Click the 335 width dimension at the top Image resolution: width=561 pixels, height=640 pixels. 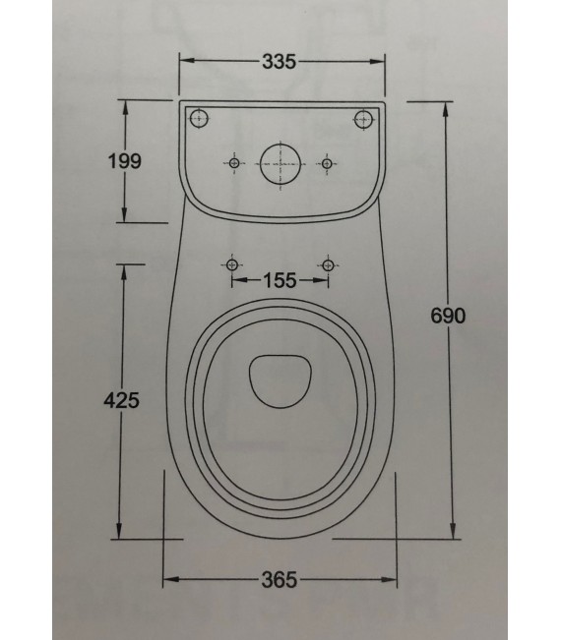pos(280,62)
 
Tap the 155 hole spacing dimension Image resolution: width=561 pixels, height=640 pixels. pos(280,281)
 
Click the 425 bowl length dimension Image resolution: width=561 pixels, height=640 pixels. pos(120,400)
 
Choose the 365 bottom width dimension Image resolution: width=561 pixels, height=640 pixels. pos(280,580)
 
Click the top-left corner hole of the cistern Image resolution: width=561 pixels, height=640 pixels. pos(200,119)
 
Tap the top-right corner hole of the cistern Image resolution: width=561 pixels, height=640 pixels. pos(362,119)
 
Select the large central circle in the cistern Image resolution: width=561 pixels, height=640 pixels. pos(280,163)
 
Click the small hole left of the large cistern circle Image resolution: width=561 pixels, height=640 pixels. pos(234,163)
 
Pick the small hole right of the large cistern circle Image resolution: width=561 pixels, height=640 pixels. pos(327,163)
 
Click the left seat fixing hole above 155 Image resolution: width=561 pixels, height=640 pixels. pos(232,264)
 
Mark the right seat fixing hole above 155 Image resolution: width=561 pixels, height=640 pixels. pos(327,264)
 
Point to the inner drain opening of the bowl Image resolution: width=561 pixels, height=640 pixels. pos(280,378)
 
